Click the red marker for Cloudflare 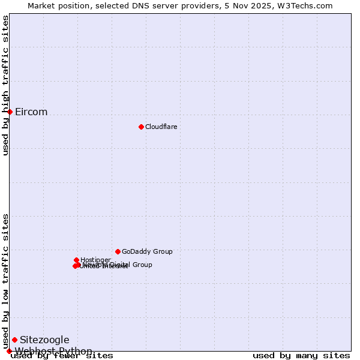click(x=141, y=127)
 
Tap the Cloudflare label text click(x=161, y=127)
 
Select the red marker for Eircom click(x=10, y=112)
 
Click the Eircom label click(x=31, y=112)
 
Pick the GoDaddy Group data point click(x=118, y=251)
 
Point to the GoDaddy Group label click(x=147, y=251)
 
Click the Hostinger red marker click(x=76, y=260)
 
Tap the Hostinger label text click(x=95, y=260)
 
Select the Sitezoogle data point click(x=14, y=340)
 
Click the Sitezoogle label click(x=44, y=340)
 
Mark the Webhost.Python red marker click(x=9, y=351)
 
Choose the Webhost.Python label click(x=53, y=351)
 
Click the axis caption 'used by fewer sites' click(x=62, y=356)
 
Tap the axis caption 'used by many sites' click(x=301, y=356)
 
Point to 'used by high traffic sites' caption click(x=6, y=86)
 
